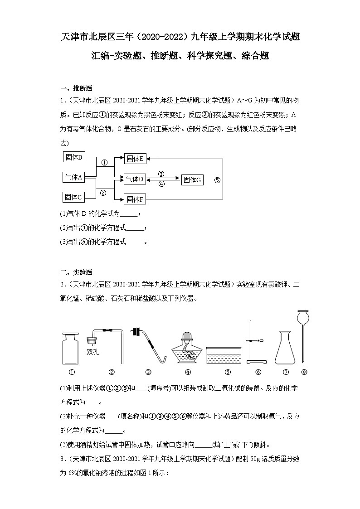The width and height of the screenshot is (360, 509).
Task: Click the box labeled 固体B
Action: pyautogui.click(x=73, y=158)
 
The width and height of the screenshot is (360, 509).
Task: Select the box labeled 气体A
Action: pyautogui.click(x=73, y=177)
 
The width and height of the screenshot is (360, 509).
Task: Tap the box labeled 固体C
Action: pyautogui.click(x=73, y=197)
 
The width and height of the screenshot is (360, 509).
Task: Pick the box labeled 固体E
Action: pyautogui.click(x=135, y=158)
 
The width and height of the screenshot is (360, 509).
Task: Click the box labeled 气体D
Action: pyautogui.click(x=135, y=179)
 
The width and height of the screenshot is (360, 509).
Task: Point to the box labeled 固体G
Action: pyautogui.click(x=192, y=180)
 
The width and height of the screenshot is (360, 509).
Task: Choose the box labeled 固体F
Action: pyautogui.click(x=135, y=199)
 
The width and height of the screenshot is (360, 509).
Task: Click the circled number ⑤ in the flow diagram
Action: pyautogui.click(x=217, y=180)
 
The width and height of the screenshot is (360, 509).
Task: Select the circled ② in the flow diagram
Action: pyautogui.click(x=103, y=192)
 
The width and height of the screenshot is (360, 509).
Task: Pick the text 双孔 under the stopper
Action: pyautogui.click(x=92, y=352)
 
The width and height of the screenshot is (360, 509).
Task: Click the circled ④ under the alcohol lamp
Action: pyautogui.click(x=188, y=372)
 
